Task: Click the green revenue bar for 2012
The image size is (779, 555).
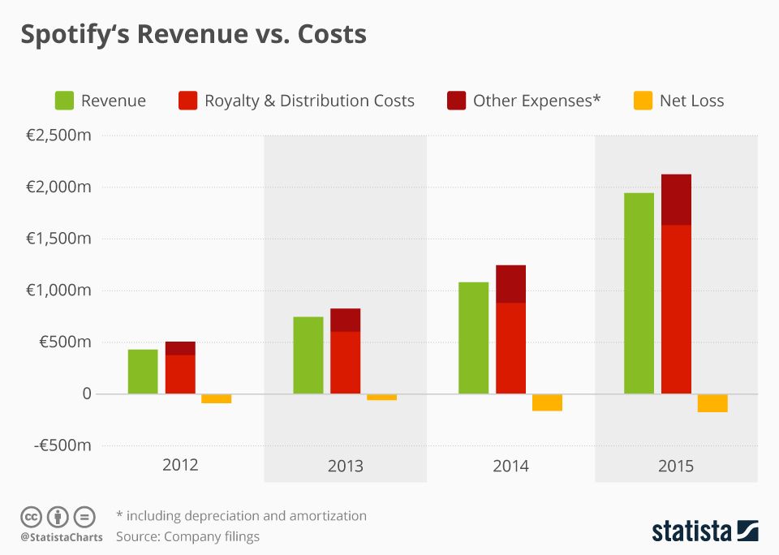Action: coord(143,372)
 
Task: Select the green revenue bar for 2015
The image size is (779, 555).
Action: coord(639,293)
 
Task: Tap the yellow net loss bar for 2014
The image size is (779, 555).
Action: coord(547,402)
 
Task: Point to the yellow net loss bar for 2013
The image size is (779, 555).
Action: coord(381,397)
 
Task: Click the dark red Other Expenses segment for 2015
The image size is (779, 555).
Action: coord(676,200)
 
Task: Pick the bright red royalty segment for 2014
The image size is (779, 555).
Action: coord(510,348)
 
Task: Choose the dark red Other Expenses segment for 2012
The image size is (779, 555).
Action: coord(180,348)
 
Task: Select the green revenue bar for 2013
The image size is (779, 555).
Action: coord(308,355)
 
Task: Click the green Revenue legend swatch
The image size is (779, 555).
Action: coord(65,101)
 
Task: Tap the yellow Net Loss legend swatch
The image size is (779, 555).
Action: coord(643,101)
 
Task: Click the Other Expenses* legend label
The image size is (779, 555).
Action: coord(536,101)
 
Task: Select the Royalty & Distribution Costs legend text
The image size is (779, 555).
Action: coord(309,101)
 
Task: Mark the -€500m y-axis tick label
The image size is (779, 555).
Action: coord(62,445)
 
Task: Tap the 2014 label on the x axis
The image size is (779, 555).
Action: coord(510,466)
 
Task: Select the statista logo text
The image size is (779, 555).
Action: coord(691,531)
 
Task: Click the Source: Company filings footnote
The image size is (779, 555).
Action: coord(187,536)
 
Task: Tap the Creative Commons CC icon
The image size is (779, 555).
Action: coord(31,516)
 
